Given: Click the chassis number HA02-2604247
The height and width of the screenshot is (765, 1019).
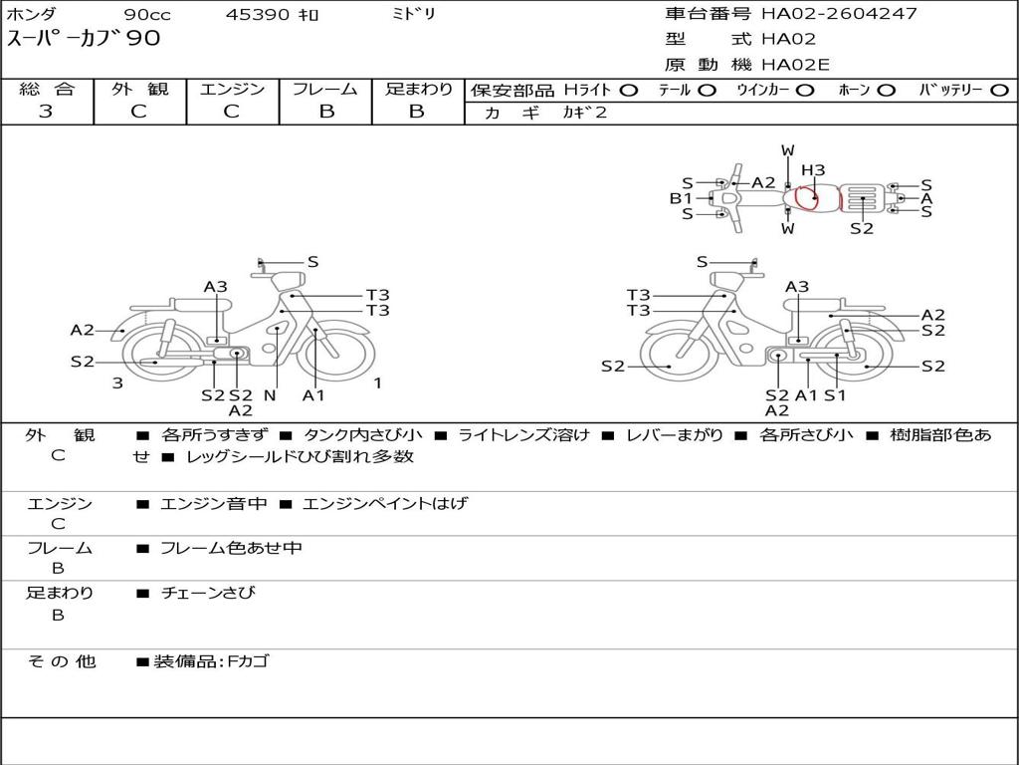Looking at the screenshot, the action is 839,14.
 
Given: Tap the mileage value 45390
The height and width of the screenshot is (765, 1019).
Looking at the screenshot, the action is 258,15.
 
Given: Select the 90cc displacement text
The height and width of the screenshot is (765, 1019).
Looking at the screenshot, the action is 147,15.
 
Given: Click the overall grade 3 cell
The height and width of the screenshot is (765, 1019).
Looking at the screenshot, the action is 46,112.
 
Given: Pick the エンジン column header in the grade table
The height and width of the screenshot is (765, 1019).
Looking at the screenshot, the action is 232,89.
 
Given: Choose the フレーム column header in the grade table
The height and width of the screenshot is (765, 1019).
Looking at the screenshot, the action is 325,89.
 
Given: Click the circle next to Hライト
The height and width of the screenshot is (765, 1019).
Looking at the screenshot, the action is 628,90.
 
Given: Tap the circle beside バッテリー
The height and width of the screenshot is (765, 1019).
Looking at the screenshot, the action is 999,90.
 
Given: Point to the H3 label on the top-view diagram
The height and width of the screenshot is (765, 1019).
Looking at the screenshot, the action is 813,170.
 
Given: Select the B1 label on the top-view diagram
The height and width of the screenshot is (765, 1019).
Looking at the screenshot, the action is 681,198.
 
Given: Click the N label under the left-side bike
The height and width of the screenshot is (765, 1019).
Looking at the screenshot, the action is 269,395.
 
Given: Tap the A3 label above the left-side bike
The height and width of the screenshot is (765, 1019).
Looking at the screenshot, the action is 216,287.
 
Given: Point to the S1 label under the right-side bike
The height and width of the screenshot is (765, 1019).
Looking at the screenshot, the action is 834,395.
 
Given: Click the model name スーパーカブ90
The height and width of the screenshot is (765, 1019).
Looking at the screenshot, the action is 84,40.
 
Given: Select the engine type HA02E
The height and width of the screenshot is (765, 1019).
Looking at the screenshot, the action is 795,65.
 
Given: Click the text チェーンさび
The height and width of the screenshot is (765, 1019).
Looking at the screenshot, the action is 208,593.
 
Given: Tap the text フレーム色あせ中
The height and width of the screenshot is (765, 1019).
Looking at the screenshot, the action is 231,548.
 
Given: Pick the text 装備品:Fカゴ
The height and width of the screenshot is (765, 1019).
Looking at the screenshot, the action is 211,661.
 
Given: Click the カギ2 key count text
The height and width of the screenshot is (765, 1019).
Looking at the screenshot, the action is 584,113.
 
